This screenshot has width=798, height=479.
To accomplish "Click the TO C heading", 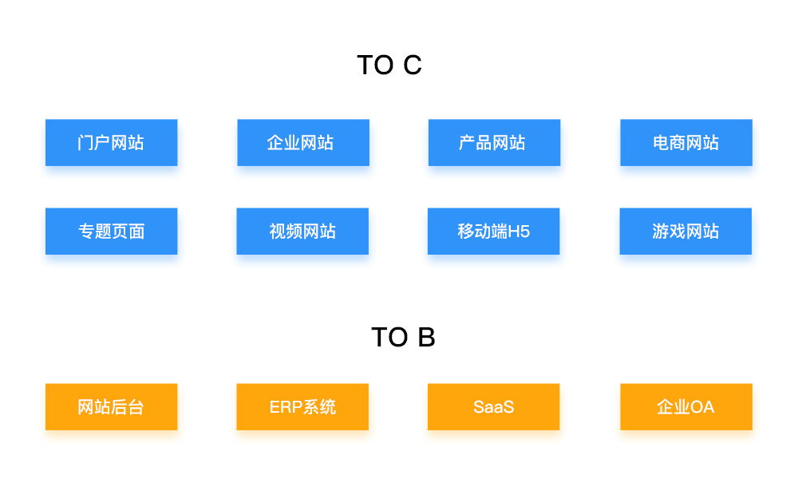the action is (x=389, y=65).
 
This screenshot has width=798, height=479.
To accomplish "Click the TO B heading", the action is (x=403, y=337).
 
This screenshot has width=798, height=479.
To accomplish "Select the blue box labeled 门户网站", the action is (x=112, y=143).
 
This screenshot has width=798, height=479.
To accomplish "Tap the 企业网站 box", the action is (x=303, y=143).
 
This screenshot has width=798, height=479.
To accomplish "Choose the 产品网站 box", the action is (x=494, y=143).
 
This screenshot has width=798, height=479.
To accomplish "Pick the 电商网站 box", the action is (x=686, y=143).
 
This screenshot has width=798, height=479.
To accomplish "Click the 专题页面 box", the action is (x=112, y=231).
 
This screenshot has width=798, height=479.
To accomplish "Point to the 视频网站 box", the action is (x=302, y=231).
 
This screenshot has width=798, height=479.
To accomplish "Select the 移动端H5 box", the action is (x=494, y=231).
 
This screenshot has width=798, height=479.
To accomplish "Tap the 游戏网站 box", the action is (x=685, y=231).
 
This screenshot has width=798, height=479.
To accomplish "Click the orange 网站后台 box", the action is (x=112, y=406).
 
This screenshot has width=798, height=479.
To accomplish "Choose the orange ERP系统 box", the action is (x=302, y=406).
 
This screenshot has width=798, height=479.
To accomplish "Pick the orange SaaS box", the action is (x=494, y=406).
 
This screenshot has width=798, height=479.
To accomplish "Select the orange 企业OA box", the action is (x=686, y=406).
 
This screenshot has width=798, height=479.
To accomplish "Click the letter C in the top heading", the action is (x=413, y=65).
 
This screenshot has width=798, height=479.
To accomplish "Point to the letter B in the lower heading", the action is (x=426, y=337).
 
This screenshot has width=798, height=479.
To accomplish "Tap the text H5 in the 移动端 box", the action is (x=519, y=232).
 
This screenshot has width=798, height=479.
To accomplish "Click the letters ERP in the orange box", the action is (x=286, y=407).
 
